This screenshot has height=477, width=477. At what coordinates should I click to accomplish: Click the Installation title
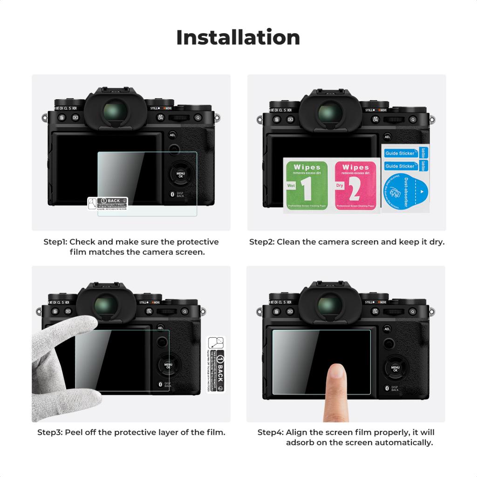click(238, 37)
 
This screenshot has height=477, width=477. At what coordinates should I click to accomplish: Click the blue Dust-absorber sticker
click(404, 191)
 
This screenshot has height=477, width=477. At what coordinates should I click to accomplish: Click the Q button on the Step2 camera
click(412, 118)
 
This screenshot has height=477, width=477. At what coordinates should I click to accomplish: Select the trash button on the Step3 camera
click(55, 311)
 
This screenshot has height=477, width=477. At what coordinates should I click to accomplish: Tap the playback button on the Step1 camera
click(75, 118)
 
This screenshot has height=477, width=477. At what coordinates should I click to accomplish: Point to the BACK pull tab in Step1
click(110, 203)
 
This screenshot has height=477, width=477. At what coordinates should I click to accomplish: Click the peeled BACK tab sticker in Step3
click(216, 365)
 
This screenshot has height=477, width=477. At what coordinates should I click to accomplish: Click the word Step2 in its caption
click(261, 242)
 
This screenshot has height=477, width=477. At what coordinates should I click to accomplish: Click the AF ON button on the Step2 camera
click(375, 118)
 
